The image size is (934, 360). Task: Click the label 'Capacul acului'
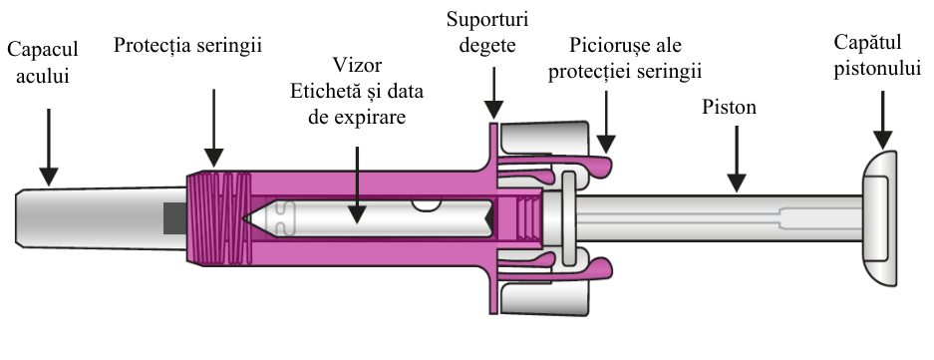(42, 63)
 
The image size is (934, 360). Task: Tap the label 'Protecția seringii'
(187, 45)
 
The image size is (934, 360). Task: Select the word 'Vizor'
(357, 65)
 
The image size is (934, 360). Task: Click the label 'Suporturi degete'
(487, 32)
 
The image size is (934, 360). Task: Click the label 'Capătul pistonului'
(877, 55)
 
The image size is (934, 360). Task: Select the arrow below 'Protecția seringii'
(214, 129)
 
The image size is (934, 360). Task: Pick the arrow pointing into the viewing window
(357, 185)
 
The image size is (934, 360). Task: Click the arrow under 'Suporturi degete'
(493, 93)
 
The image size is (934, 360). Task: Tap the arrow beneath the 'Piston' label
(737, 159)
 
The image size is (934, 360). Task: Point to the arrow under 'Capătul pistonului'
(882, 120)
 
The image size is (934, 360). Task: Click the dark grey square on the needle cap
(174, 218)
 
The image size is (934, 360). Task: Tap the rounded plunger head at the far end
(879, 218)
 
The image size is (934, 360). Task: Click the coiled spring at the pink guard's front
(218, 218)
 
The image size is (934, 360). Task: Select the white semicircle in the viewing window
(427, 205)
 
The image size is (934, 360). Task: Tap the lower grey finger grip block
(544, 298)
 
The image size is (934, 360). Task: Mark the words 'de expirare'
(357, 117)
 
